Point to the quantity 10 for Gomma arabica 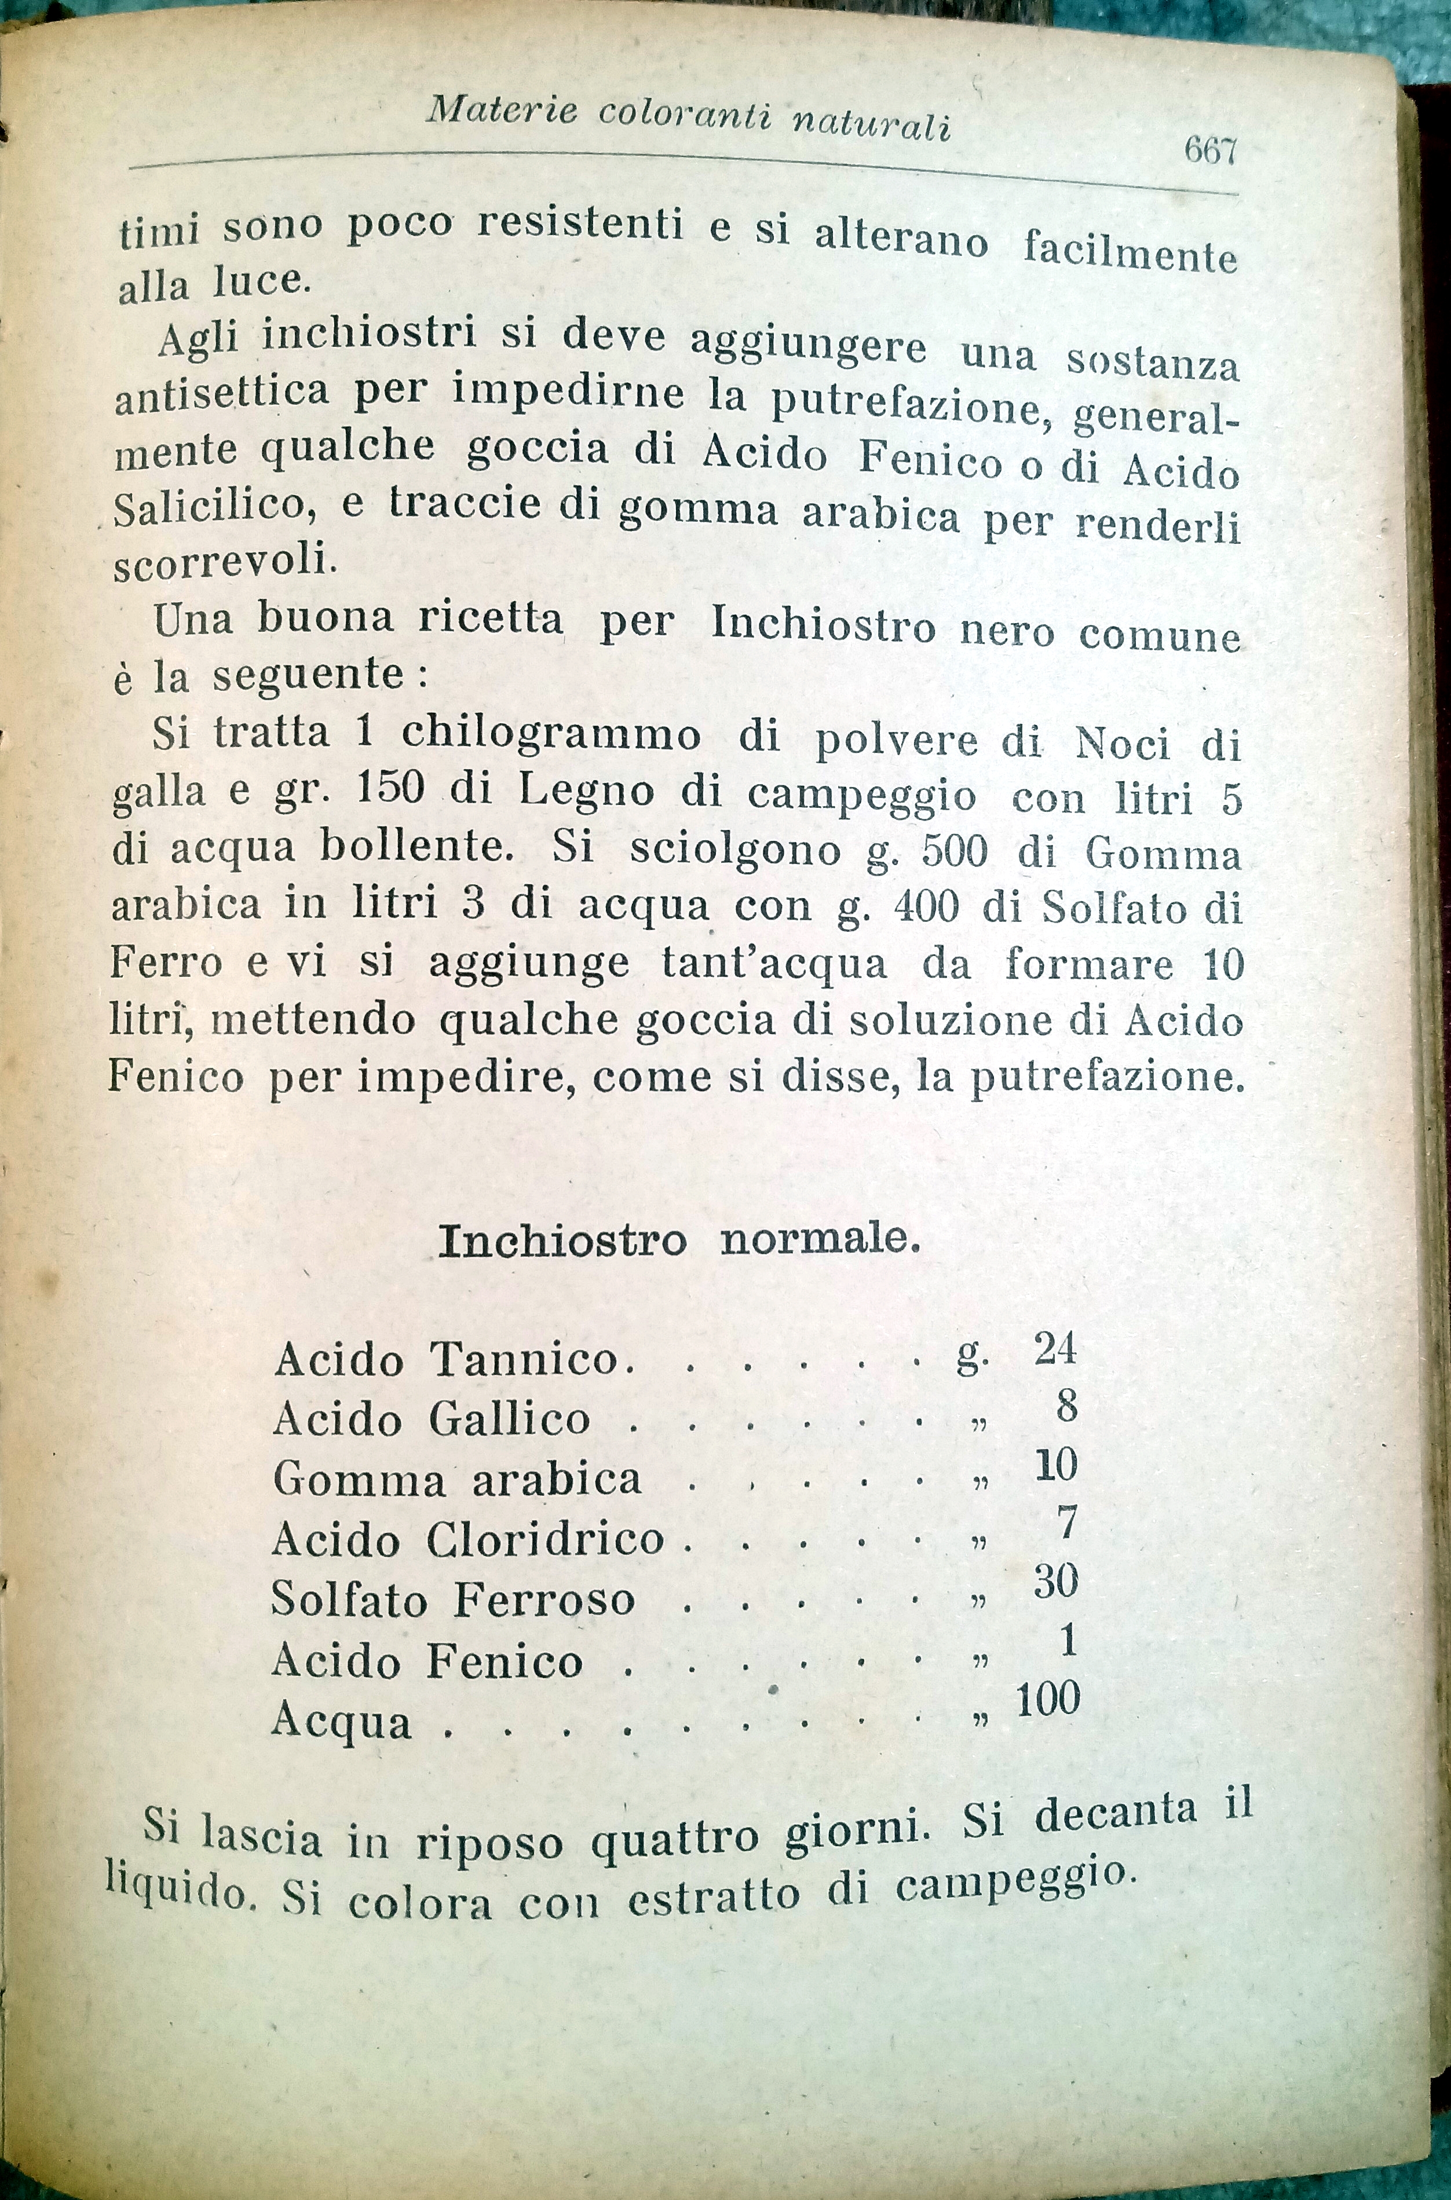coord(1056,1466)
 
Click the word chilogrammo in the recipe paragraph coord(551,734)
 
